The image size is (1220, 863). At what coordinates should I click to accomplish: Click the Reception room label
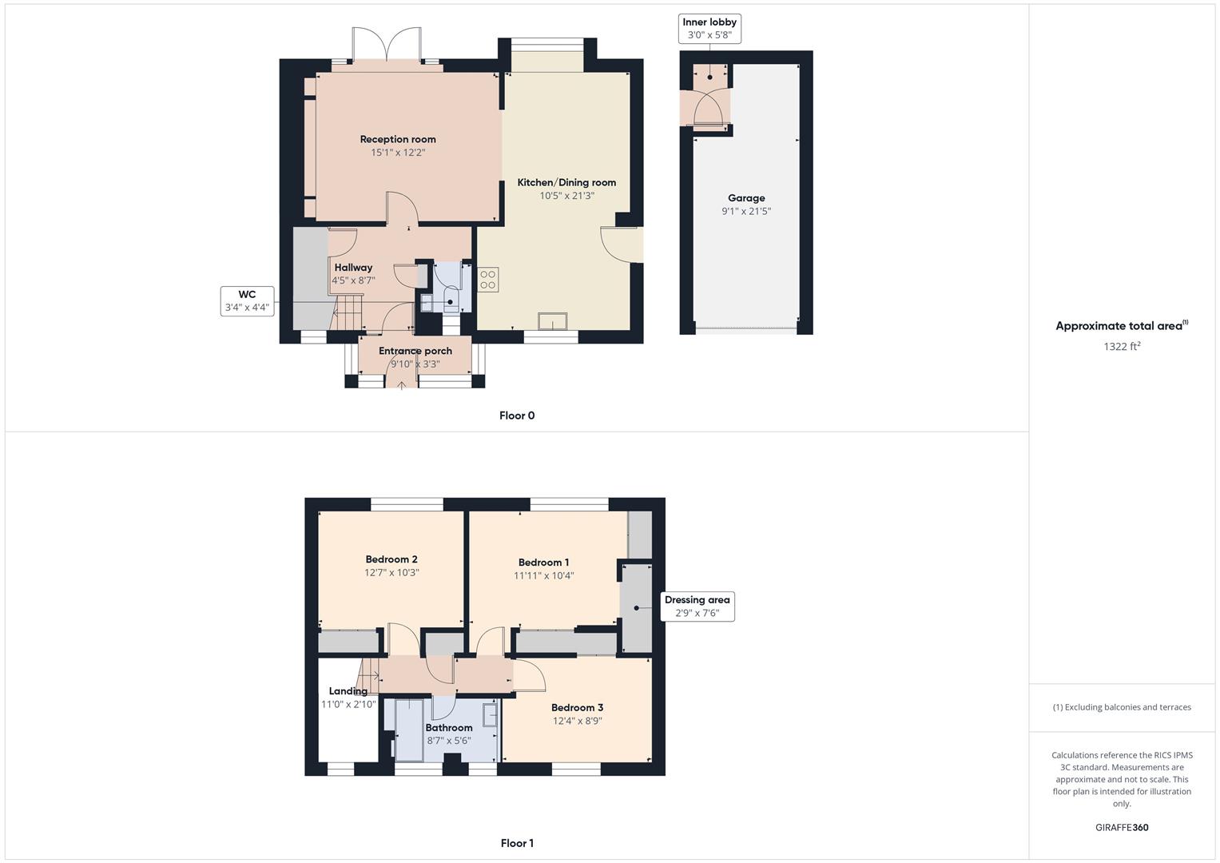pos(397,139)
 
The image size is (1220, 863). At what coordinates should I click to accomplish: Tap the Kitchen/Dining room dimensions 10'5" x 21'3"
pos(566,196)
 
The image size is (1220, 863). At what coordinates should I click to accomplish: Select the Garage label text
pos(745,198)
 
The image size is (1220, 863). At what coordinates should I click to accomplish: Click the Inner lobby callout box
pos(709,29)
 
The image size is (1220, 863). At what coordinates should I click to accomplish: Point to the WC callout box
pos(247,300)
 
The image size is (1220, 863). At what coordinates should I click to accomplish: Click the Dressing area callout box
pos(697,606)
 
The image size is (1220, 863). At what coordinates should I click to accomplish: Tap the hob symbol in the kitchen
pos(487,280)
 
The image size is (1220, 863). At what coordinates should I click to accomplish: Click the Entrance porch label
pos(415,351)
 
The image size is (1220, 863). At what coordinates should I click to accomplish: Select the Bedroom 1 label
pos(543,563)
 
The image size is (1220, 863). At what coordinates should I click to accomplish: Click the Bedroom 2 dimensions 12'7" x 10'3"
pos(391,573)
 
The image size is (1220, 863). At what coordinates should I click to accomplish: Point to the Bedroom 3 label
pos(577,707)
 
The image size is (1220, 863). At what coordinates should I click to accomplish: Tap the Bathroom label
pos(448,727)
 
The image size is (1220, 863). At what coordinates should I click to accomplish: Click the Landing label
pos(348,691)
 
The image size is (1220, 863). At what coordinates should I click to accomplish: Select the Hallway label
pos(353,268)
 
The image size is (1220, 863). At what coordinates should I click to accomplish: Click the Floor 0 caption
pos(517,416)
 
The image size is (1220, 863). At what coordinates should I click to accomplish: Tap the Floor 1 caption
pos(517,843)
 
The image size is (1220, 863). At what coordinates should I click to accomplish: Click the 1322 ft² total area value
pos(1121,346)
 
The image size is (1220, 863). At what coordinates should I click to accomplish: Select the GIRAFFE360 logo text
pos(1121,827)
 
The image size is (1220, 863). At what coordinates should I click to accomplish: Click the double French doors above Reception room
pos(387,46)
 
